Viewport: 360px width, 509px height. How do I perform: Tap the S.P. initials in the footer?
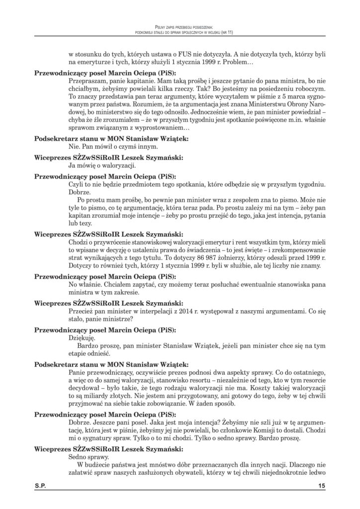[40, 484]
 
